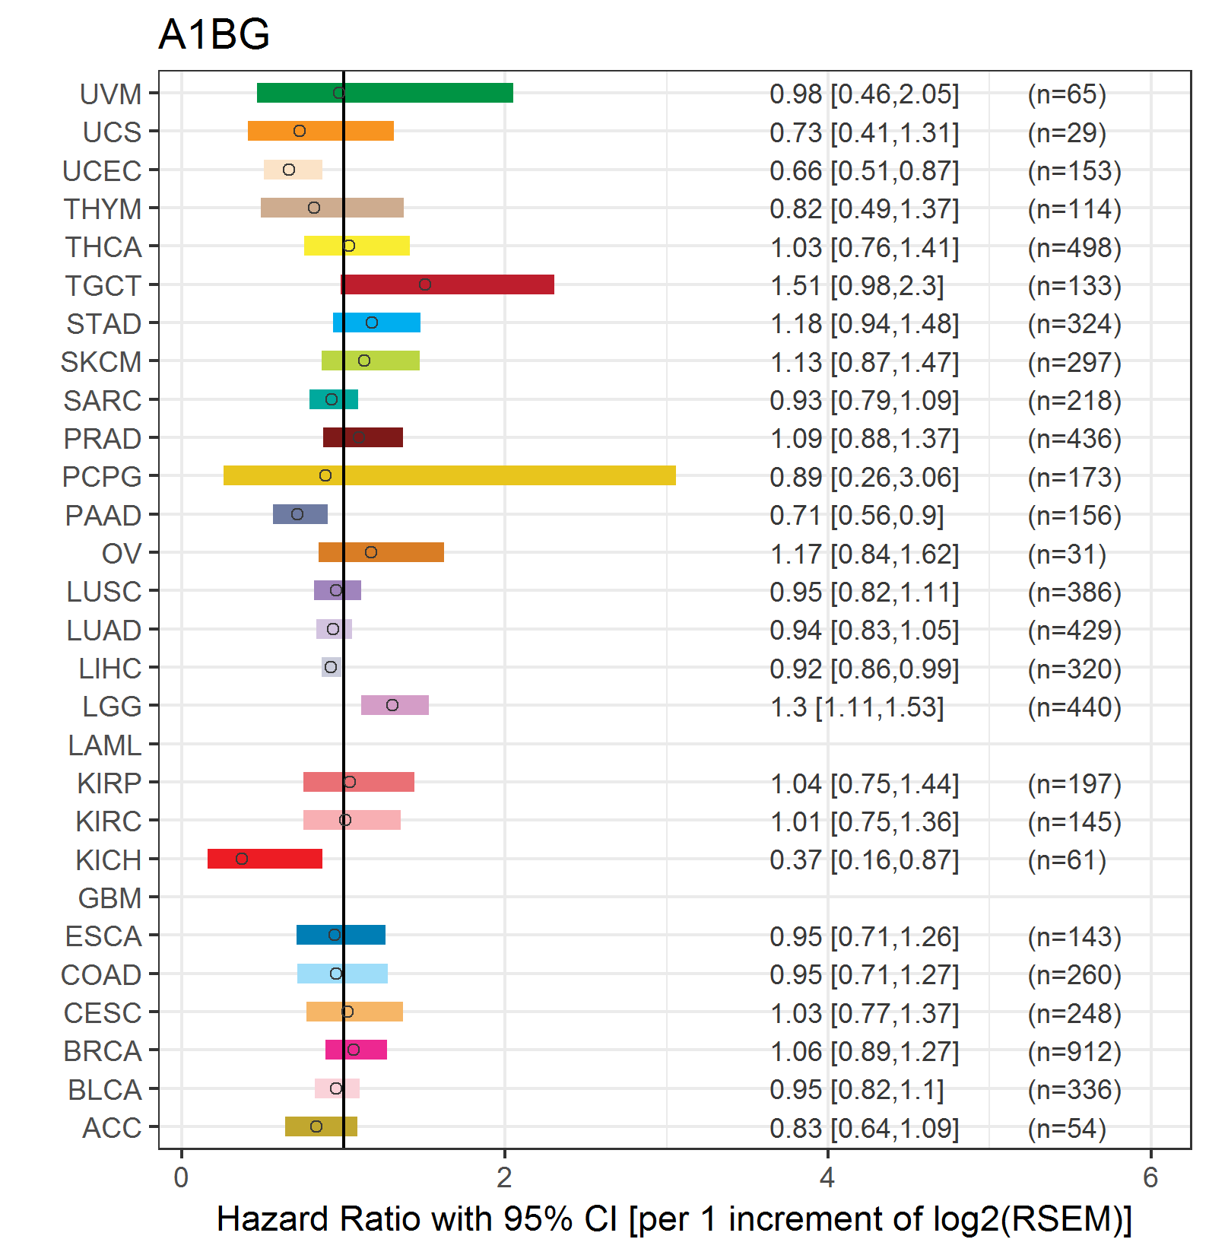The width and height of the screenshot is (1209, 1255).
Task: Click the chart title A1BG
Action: [x=214, y=34]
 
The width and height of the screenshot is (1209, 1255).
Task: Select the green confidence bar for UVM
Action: [x=385, y=93]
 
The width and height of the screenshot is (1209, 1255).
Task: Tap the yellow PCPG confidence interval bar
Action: [x=449, y=475]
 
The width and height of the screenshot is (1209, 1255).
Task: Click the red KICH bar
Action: [x=265, y=859]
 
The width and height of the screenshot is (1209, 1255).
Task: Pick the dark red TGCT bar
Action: [x=447, y=284]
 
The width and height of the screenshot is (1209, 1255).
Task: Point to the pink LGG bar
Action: [x=395, y=705]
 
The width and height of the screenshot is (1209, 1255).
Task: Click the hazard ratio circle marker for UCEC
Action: [x=289, y=170]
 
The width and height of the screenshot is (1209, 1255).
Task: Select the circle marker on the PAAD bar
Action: [x=297, y=514]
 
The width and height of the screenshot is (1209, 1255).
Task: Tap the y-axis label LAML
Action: [x=105, y=745]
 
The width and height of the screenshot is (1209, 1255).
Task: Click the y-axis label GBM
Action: [x=110, y=898]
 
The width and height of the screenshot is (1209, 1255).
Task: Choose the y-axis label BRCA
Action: [x=103, y=1051]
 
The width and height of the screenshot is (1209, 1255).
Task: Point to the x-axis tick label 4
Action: [x=827, y=1177]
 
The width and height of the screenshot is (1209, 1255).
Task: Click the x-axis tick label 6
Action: [x=1150, y=1177]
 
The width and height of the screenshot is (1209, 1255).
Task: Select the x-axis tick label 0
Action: [x=181, y=1177]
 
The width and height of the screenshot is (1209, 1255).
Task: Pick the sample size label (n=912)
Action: [x=1074, y=1051]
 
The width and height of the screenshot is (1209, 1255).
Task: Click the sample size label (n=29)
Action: [x=1067, y=132]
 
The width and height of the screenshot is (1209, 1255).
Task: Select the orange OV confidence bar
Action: [x=381, y=552]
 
